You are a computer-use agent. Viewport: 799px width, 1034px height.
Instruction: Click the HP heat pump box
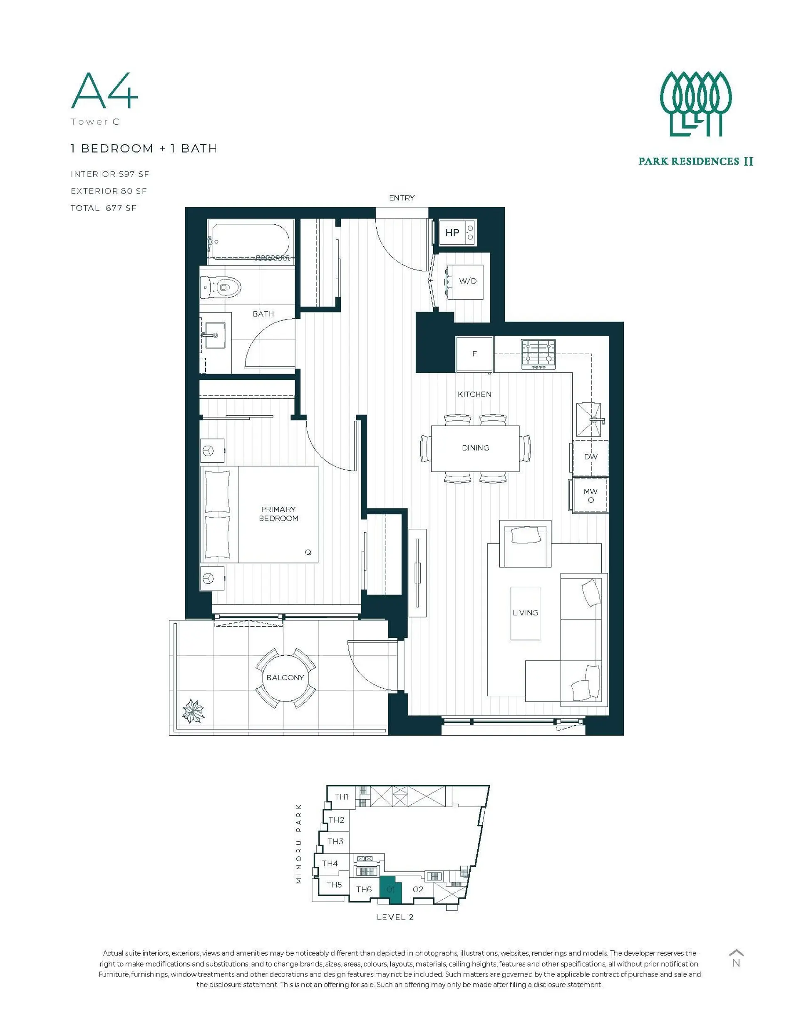click(x=457, y=232)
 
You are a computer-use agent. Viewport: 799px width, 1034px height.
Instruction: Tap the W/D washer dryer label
click(x=467, y=281)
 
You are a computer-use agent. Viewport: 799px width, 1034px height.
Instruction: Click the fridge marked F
click(x=474, y=354)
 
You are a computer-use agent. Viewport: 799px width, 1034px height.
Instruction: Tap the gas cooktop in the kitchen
click(x=538, y=354)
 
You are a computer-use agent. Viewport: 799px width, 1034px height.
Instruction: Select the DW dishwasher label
click(x=591, y=457)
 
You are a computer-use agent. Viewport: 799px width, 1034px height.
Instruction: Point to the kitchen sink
click(x=590, y=419)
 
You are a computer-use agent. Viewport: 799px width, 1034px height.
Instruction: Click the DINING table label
click(x=476, y=447)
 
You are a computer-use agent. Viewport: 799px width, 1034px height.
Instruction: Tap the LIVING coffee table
click(x=525, y=613)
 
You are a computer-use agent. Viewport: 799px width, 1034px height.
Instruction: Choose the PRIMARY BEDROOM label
click(x=278, y=514)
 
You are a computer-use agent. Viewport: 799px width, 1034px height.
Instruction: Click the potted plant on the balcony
click(x=193, y=711)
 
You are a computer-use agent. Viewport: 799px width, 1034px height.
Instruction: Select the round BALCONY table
click(x=285, y=677)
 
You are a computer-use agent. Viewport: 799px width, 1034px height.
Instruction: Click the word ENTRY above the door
click(x=402, y=198)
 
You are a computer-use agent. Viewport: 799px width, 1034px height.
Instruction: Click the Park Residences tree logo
click(x=696, y=104)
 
